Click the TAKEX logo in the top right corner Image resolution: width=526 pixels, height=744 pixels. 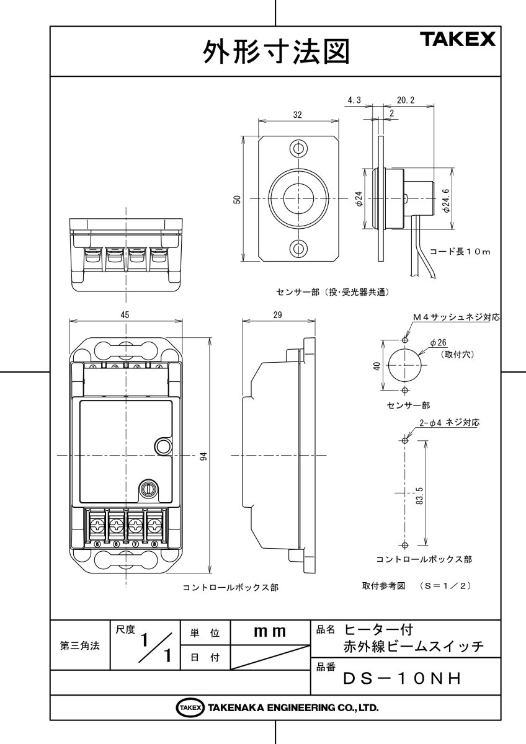[459, 40]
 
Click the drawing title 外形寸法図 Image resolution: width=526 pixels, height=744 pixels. [275, 53]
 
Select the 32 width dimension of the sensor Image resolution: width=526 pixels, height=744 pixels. [298, 115]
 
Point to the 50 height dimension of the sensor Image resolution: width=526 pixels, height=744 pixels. [237, 199]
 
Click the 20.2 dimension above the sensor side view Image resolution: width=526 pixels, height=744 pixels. [406, 99]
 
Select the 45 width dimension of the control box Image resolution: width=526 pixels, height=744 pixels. [125, 315]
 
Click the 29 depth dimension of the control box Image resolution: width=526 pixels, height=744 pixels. [277, 315]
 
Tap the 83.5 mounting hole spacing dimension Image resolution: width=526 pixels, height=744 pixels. [419, 496]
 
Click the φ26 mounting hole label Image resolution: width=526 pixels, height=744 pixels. [442, 342]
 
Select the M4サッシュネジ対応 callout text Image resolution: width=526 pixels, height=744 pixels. [457, 317]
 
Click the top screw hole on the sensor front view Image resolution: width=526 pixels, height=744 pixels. [299, 149]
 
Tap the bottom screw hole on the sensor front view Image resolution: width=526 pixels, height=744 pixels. [299, 249]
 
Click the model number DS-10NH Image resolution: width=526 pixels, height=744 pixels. [403, 679]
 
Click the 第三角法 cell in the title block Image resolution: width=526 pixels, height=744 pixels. [79, 645]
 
